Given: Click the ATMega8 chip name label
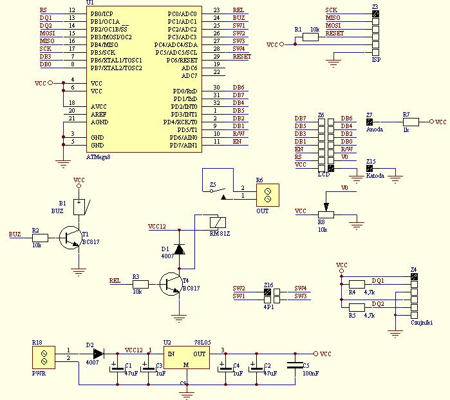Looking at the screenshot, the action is coord(98,157).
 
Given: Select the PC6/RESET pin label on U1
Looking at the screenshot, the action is coord(182,61).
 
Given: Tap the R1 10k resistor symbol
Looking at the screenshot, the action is coord(310,37).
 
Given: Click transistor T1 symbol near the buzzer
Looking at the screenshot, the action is coord(70,238).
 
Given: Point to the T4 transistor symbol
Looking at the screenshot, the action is coord(171,284).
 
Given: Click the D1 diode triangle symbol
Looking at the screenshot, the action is coord(180,249).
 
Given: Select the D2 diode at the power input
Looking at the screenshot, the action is coord(98,354).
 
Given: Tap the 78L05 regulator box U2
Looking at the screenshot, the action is coord(187,357).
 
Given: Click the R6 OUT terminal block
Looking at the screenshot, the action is coord(267,195).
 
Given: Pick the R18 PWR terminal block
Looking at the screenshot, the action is coord(44,357).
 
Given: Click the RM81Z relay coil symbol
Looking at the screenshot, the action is coord(218,222).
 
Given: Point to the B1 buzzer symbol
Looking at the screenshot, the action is coord(79,207).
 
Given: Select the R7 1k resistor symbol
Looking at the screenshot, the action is coord(411,122).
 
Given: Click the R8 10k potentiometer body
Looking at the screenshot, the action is coord(326,214).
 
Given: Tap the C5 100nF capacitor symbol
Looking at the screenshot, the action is coord(295,365).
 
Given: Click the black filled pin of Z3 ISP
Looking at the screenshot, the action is coord(375,14).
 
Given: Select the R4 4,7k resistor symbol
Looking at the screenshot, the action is coord(357,284).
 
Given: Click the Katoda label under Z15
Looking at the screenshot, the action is coord(375,175).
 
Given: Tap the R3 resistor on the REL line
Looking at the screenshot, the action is coord(140,284).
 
